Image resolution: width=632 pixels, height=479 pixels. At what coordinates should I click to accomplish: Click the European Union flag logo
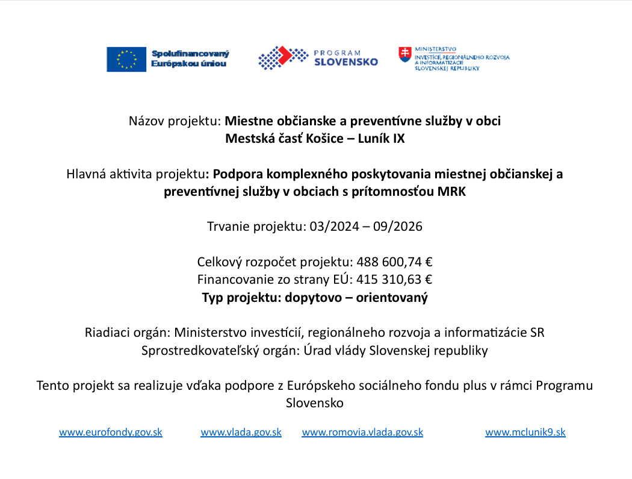(126, 59)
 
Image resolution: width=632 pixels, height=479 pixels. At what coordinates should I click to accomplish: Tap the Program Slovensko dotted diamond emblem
(275, 58)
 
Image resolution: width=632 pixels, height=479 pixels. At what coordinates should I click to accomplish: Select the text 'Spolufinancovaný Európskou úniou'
(190, 58)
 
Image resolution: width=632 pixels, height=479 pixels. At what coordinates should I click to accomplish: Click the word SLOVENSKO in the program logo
(346, 62)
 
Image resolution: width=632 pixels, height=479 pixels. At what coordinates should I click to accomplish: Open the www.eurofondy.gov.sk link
(111, 432)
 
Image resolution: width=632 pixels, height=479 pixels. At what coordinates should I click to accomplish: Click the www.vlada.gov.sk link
(241, 432)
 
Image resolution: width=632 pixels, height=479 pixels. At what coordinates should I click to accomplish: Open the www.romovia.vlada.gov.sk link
(362, 432)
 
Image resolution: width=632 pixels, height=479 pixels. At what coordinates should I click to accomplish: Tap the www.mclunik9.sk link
(525, 432)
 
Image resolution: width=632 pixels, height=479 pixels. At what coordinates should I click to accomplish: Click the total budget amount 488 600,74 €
(395, 262)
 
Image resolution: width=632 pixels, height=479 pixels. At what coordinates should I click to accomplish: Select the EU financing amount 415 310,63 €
(395, 280)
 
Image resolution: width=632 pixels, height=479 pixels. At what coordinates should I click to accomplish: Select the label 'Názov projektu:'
(175, 121)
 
